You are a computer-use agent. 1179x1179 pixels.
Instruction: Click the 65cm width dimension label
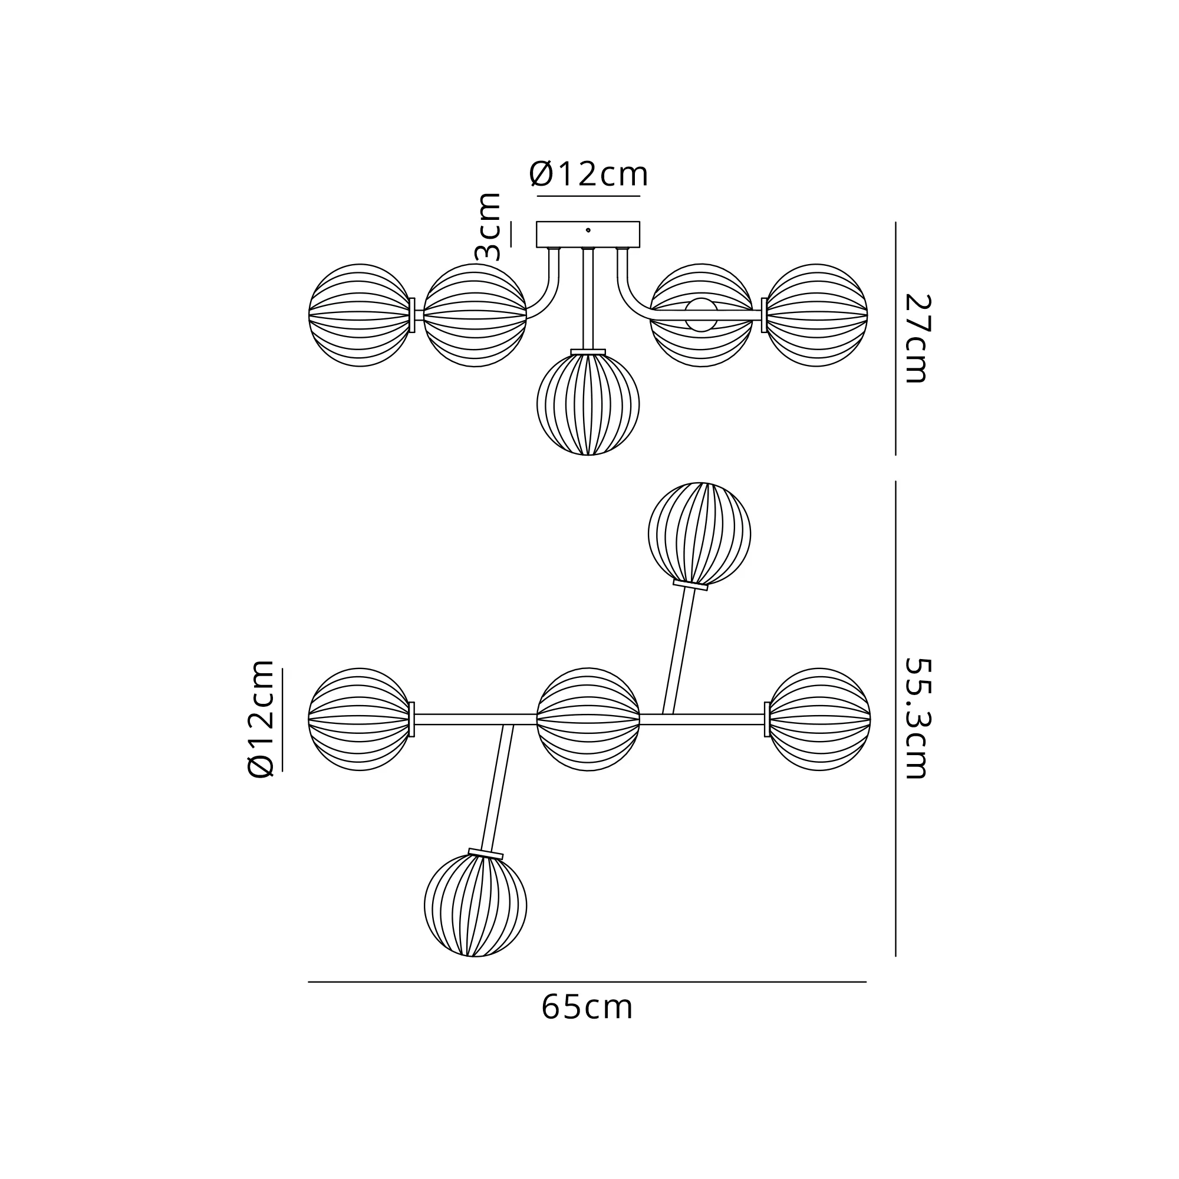tap(587, 1007)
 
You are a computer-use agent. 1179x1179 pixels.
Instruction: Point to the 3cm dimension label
tap(488, 226)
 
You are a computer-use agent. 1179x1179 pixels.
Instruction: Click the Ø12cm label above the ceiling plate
tap(588, 174)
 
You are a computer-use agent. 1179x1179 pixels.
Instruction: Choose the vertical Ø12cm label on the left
tap(261, 719)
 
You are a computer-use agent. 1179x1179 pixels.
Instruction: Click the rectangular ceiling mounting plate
tap(588, 235)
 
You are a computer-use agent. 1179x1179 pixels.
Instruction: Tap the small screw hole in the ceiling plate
tap(588, 230)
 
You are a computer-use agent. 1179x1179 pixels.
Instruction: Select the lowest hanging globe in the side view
tap(588, 404)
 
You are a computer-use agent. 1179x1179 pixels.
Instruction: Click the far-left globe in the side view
tap(360, 315)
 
